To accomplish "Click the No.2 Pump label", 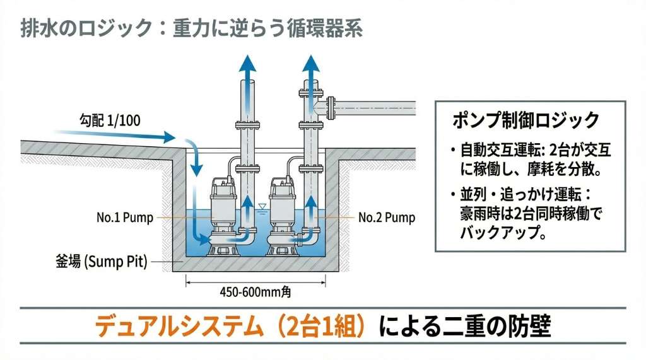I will [x=387, y=218].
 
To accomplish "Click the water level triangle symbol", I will [x=262, y=206].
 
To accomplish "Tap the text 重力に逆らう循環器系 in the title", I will [x=267, y=30].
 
